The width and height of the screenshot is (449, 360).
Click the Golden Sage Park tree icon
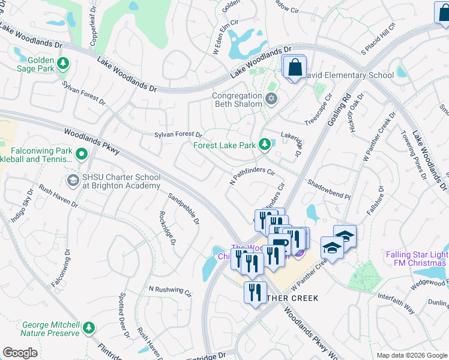click(62, 62)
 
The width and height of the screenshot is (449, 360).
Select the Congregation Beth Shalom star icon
click(271, 98)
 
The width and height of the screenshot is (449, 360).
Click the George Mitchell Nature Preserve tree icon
click(89, 328)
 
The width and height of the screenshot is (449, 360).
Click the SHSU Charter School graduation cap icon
click(73, 180)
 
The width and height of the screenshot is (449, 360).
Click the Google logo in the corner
click(20, 353)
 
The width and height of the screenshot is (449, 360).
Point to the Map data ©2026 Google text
click(411, 355)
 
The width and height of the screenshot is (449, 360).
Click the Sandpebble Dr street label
click(184, 209)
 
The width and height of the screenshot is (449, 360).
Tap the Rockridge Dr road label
click(166, 228)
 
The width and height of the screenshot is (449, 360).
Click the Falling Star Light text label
click(417, 254)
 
